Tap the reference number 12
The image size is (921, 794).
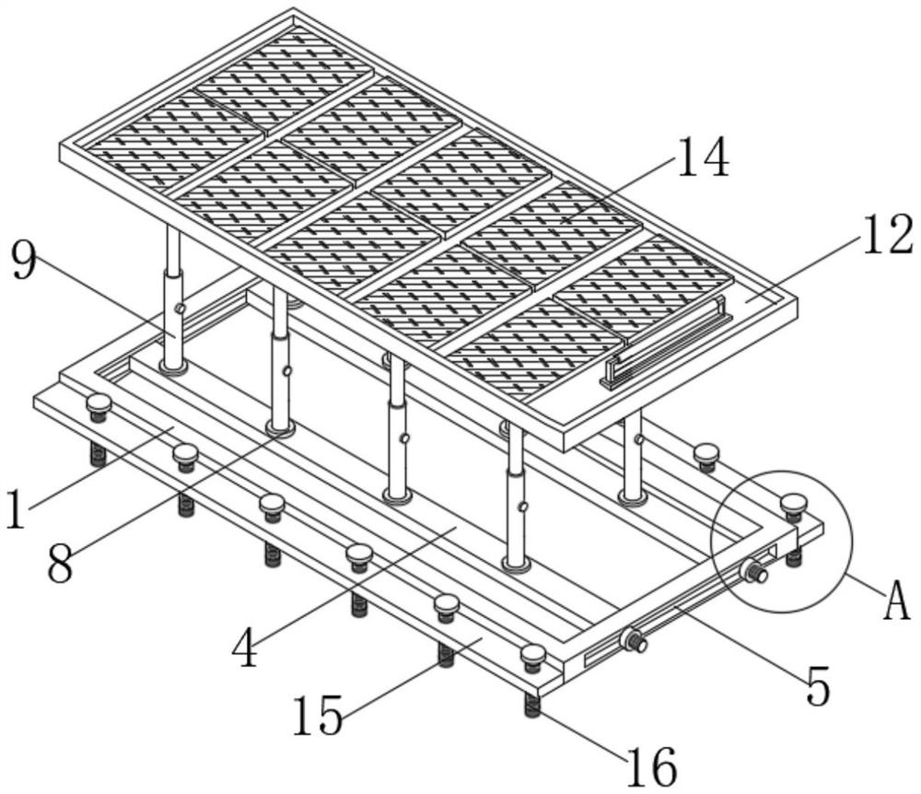tap(886, 234)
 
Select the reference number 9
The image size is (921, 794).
tap(24, 262)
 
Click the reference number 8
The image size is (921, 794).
tap(61, 563)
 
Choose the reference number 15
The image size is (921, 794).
tap(318, 715)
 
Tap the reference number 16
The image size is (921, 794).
tap(651, 766)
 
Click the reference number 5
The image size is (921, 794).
tap(818, 686)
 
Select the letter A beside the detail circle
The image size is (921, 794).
tap(897, 600)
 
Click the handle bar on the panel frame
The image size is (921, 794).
tap(666, 343)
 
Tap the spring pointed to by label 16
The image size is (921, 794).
tap(532, 706)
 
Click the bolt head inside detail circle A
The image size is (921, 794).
tap(793, 506)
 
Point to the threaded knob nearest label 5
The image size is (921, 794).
tap(635, 639)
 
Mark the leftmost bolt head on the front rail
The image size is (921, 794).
tap(99, 406)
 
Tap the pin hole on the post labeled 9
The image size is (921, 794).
tap(181, 309)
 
